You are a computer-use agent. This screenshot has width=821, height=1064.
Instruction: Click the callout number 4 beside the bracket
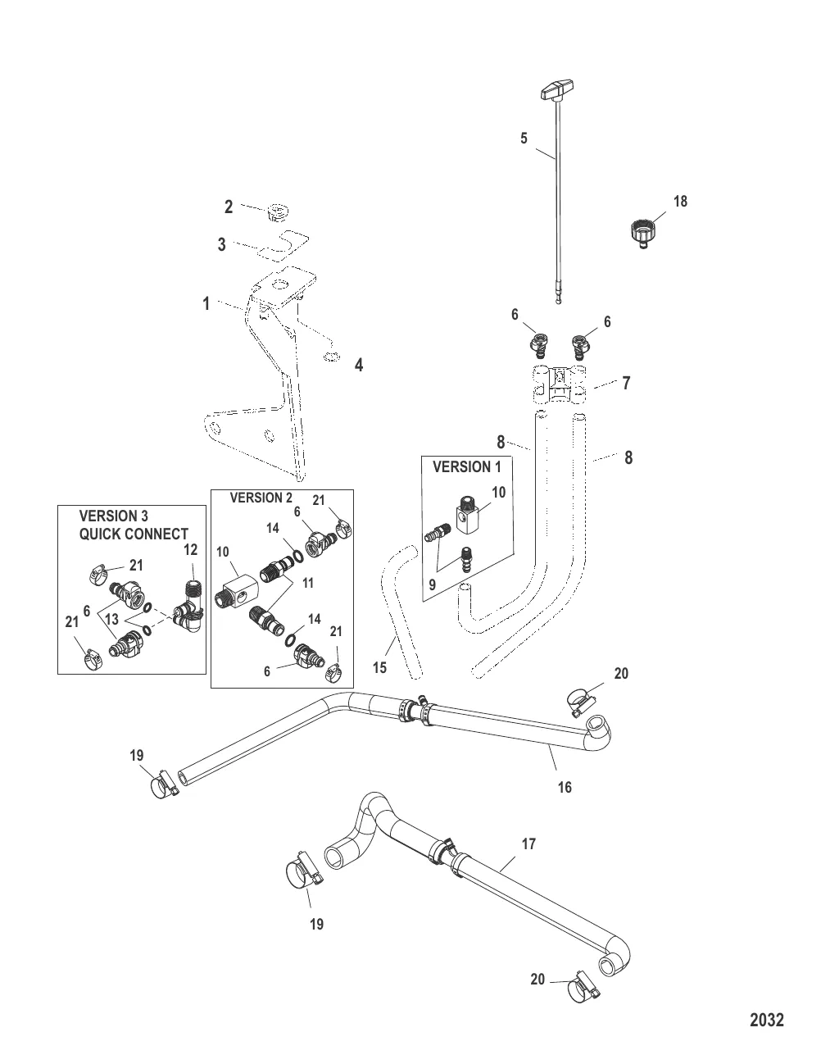pos(358,366)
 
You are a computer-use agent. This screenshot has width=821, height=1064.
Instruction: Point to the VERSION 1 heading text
pos(466,466)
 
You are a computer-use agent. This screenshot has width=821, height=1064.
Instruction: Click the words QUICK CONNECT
pos(134,534)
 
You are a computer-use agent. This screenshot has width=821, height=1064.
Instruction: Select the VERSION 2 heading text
pos(261,498)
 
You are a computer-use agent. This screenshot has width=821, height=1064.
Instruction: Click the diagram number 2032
pos(767,1020)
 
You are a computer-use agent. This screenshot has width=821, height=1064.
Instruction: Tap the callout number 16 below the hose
pos(564,788)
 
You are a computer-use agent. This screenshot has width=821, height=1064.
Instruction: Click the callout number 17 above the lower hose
pos(529,843)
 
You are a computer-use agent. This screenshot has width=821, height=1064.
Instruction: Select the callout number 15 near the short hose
pos(379,667)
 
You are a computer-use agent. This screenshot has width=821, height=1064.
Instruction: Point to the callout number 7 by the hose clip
pos(627,383)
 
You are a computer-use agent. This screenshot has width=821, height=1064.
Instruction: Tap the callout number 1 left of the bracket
pos(206,304)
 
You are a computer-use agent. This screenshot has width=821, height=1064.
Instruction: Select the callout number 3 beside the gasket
pos(221,244)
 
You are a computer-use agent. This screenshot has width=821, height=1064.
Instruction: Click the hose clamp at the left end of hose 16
pos(165,784)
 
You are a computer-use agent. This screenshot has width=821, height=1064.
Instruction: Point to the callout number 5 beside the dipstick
pos(524,139)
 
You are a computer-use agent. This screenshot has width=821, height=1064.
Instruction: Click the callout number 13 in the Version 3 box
pos(112,621)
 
